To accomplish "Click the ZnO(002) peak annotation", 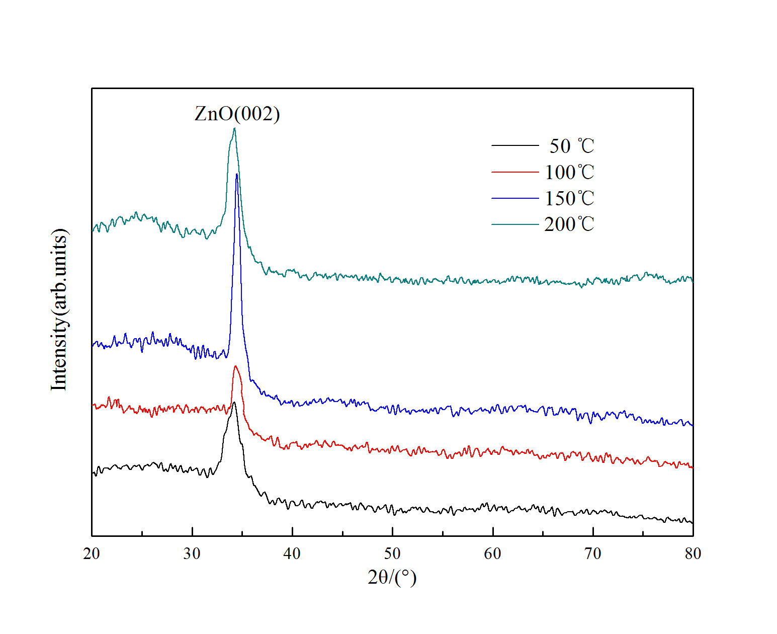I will (x=237, y=114).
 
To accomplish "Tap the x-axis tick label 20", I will (x=92, y=553).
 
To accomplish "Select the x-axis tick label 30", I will (x=192, y=553).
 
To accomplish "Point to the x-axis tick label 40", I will (x=292, y=553).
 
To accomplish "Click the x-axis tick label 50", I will (x=392, y=553).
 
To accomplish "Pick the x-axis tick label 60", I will (x=492, y=553).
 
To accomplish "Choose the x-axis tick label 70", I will (x=593, y=553).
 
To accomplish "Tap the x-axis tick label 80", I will (x=693, y=553).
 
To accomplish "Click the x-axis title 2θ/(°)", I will (x=392, y=577).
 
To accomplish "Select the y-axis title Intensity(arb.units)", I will (x=59, y=309).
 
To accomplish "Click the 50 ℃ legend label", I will (x=572, y=146).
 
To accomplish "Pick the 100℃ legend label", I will (x=569, y=173).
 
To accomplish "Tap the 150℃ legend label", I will (x=569, y=199).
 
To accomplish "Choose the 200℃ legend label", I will (x=569, y=224).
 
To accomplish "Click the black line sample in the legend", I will (x=515, y=145).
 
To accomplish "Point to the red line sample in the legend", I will (x=515, y=172).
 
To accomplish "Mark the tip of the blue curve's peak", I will (x=236, y=174).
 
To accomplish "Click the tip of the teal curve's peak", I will (x=234, y=128).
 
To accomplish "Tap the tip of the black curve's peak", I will (x=234, y=402).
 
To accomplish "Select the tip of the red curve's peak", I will (x=235, y=366).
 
